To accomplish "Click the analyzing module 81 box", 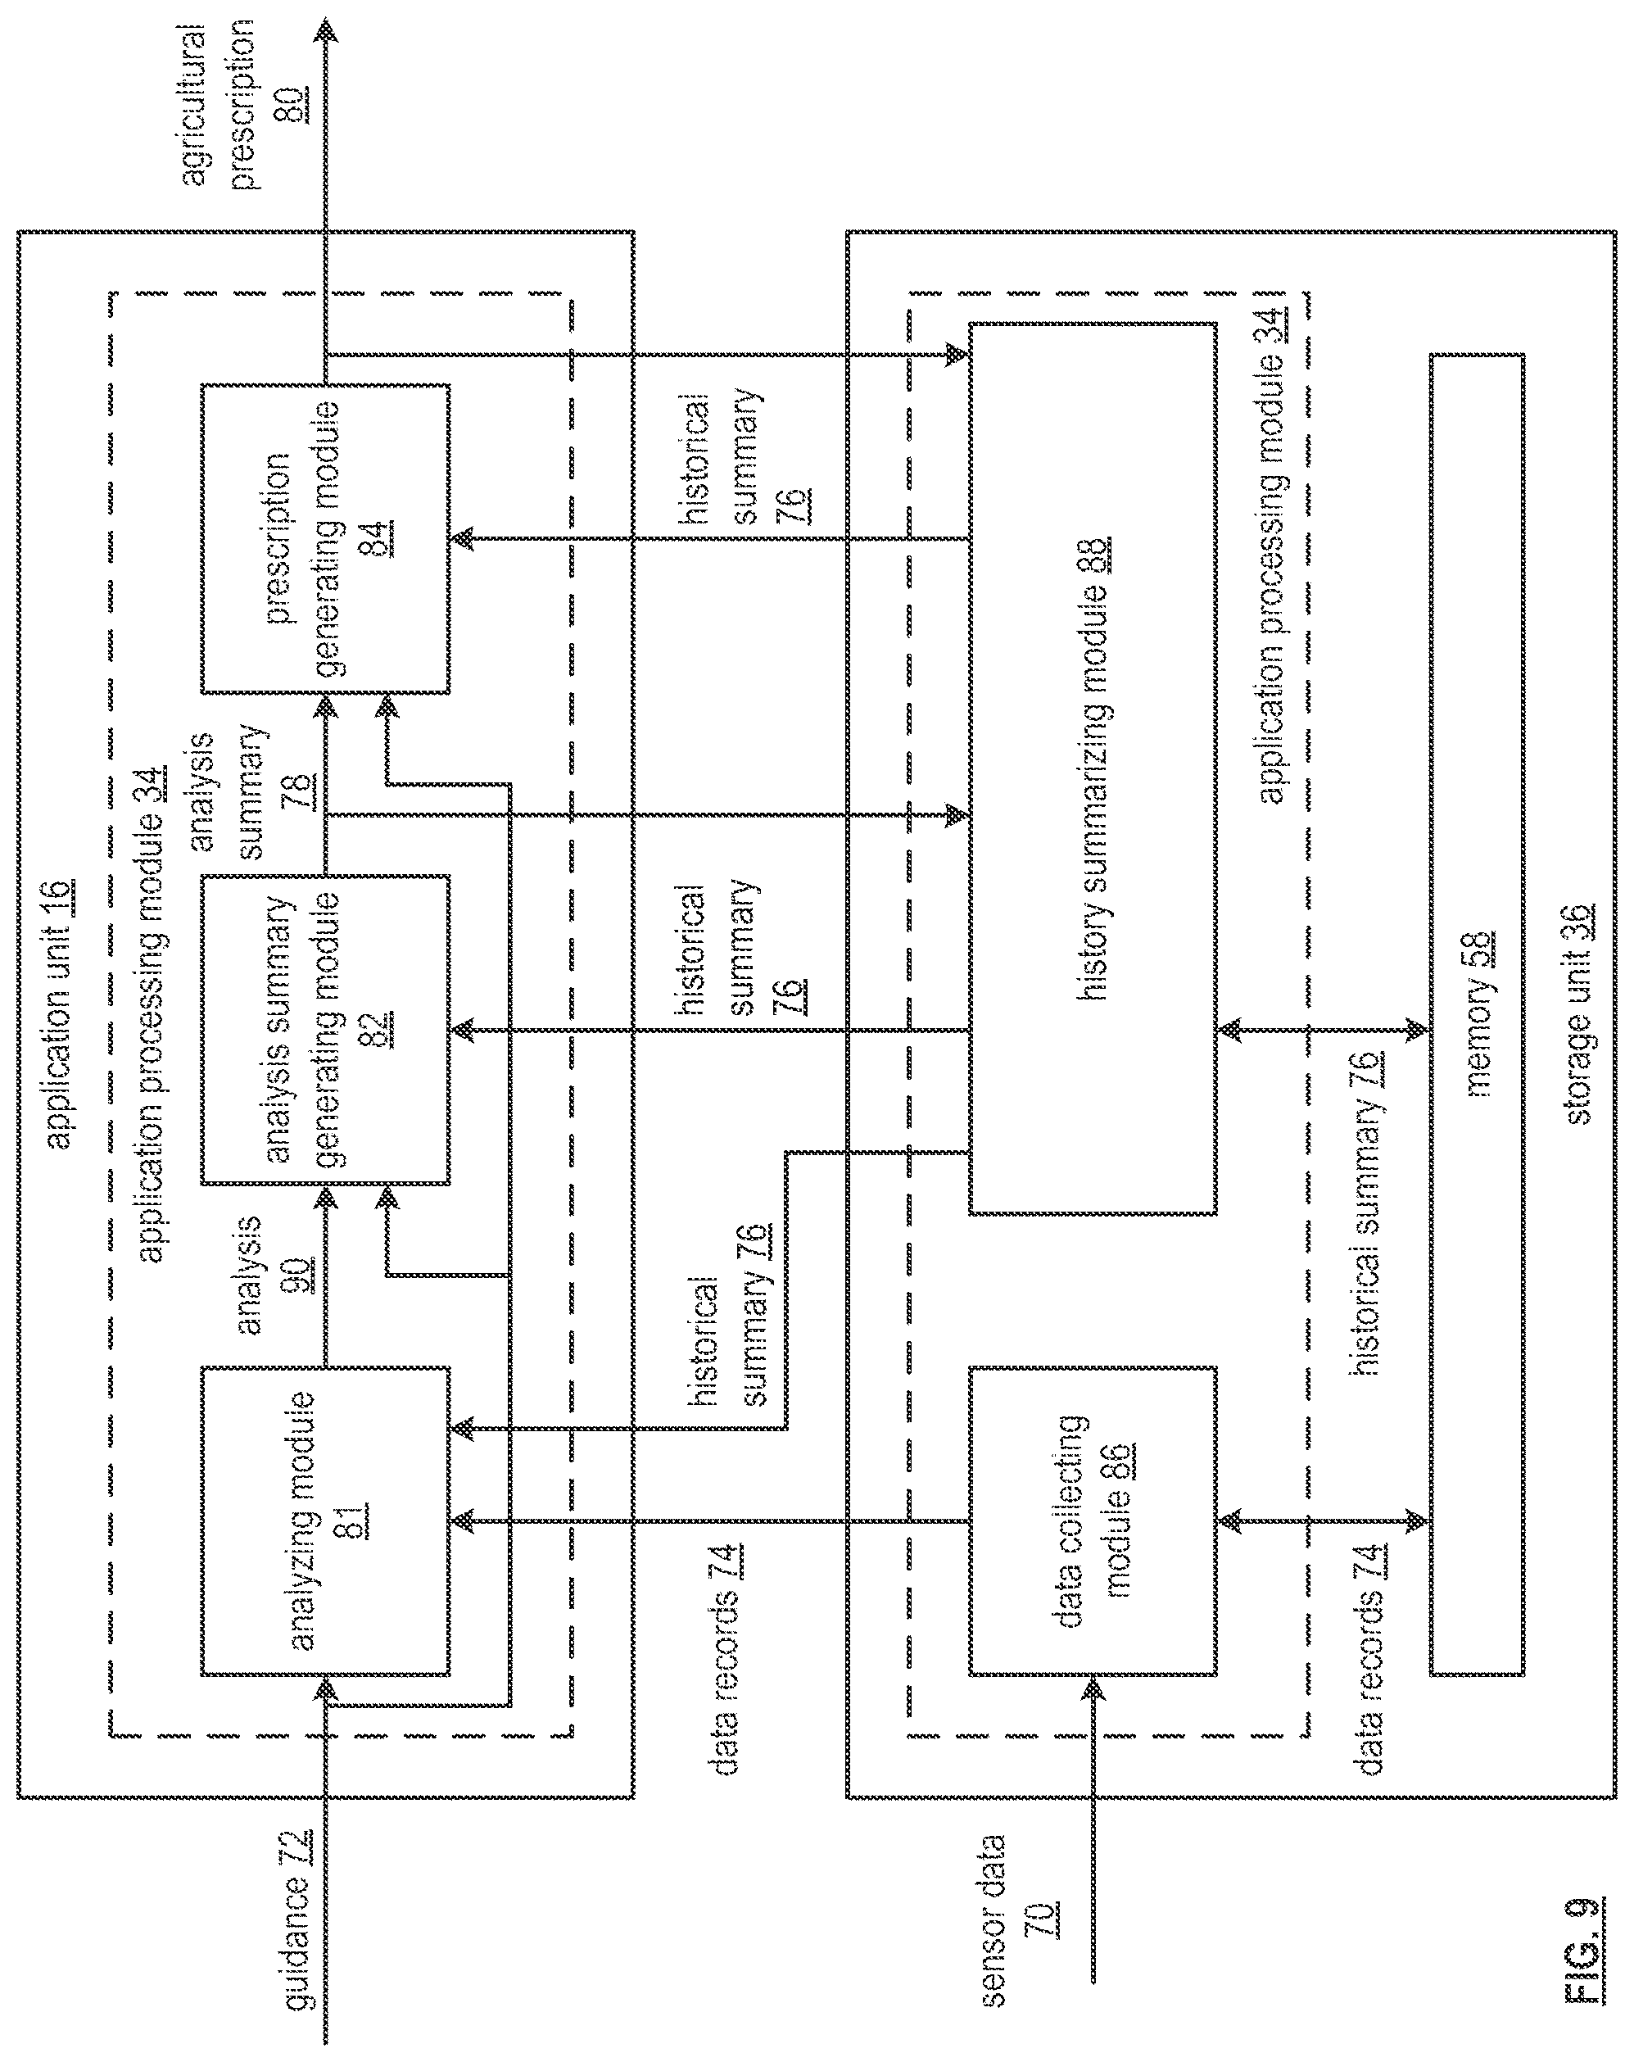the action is [325, 1520].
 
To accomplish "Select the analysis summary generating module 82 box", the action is [325, 1029].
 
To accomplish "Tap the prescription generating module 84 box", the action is [325, 538].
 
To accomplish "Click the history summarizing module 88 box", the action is [1093, 768].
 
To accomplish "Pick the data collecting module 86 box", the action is [1093, 1520].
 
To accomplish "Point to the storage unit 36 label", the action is [1578, 1013].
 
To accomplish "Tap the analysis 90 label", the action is [273, 1275].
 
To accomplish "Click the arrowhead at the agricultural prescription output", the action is [328, 29].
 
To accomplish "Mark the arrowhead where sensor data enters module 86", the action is [1093, 1689].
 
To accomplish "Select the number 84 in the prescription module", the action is [376, 538].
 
